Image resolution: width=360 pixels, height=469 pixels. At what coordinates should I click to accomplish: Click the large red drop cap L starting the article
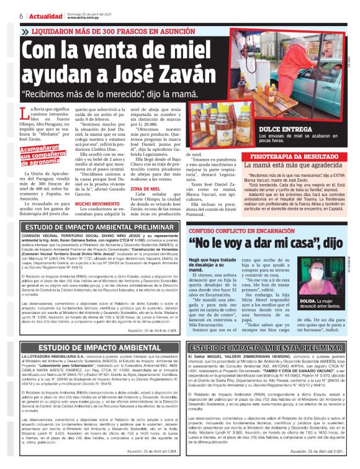[24, 114]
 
